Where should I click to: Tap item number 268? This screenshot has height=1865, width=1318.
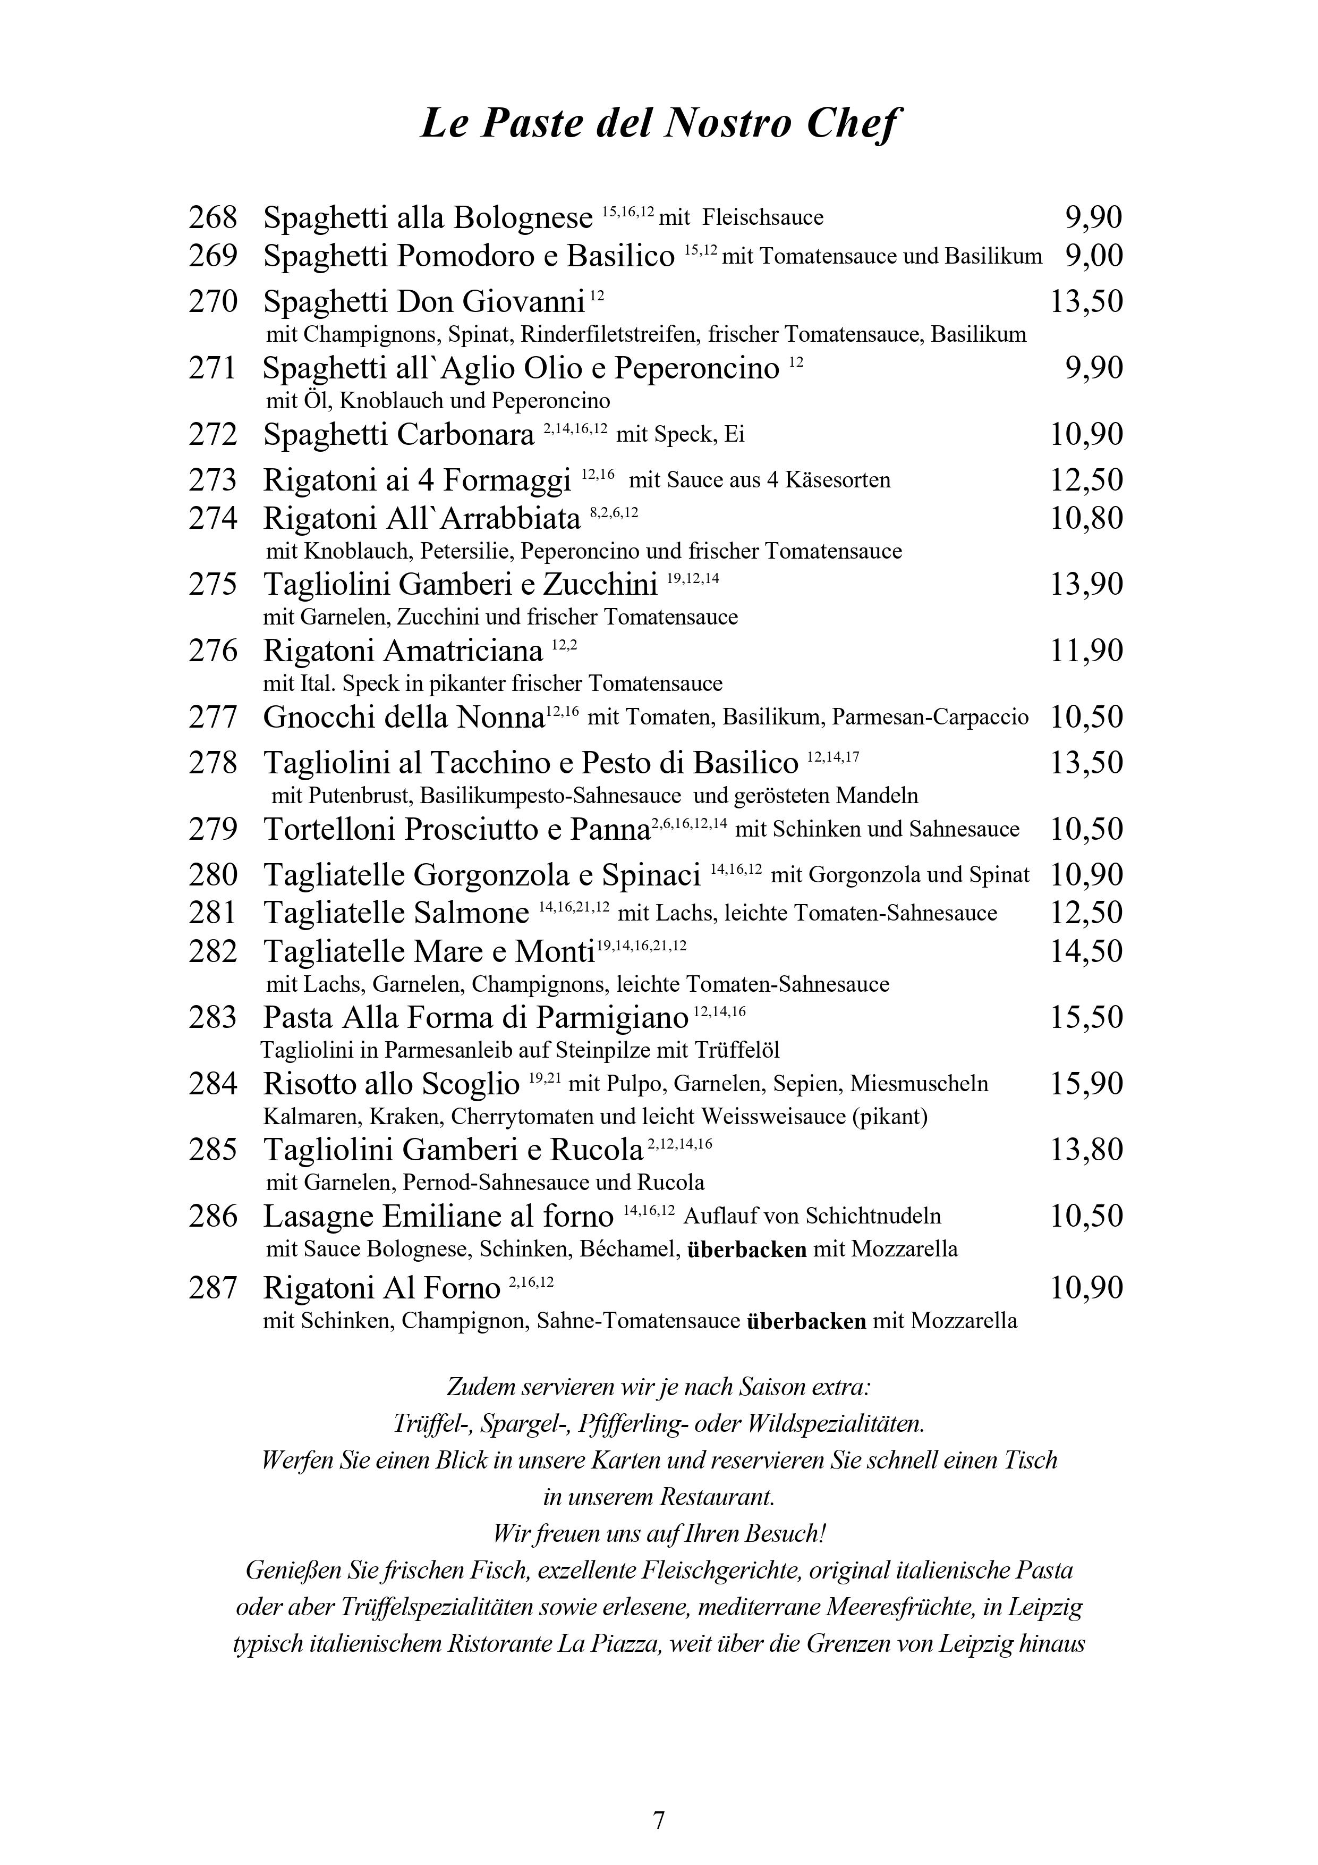[213, 218]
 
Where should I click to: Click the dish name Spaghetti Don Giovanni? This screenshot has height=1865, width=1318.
[424, 302]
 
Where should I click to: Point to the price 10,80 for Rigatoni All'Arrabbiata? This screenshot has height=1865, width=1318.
[1086, 518]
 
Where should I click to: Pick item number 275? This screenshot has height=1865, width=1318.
[213, 585]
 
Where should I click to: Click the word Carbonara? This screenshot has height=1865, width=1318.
[465, 435]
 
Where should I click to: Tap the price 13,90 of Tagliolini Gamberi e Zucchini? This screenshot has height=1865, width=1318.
[1086, 585]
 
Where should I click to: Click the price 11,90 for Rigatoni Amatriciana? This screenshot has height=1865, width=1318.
[1086, 652]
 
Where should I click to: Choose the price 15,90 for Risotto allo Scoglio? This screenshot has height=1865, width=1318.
[1086, 1084]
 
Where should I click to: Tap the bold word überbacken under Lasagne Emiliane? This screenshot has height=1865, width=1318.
[746, 1250]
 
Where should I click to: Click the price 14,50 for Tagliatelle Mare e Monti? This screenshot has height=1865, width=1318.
[1086, 951]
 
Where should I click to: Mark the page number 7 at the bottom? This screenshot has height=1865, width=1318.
[659, 1820]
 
